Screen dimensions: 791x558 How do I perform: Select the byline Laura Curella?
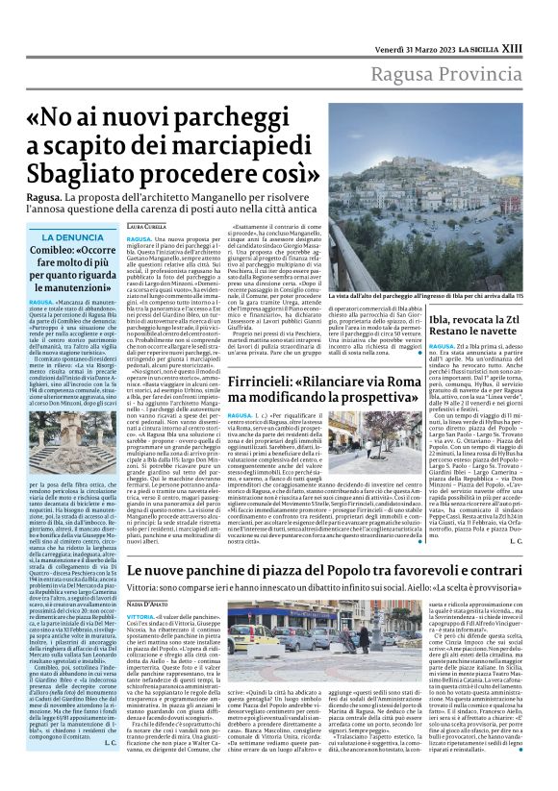coord(148,225)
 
